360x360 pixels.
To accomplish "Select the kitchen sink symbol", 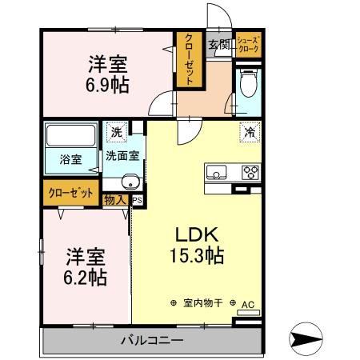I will click(x=218, y=171).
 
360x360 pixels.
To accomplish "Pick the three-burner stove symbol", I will click(x=250, y=171).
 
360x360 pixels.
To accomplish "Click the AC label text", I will click(x=248, y=304).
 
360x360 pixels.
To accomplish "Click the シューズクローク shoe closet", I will click(x=247, y=45).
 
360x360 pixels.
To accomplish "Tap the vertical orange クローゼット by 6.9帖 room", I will click(x=188, y=60).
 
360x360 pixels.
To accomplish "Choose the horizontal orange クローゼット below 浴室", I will click(x=68, y=194).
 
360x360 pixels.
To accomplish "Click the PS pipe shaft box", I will click(x=137, y=201).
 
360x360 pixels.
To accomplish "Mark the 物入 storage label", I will click(x=114, y=200).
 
